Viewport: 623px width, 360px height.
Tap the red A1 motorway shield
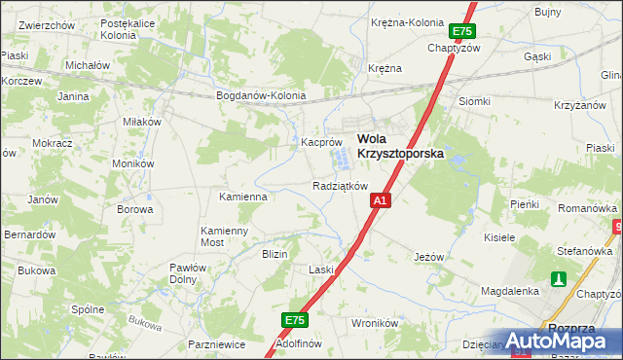(380, 200)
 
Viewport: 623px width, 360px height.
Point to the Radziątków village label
(340, 185)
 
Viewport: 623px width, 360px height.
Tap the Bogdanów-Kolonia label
(261, 95)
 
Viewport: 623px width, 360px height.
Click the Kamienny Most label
(225, 235)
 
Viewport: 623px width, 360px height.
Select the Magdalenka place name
(510, 291)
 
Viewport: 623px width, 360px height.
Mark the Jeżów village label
(428, 257)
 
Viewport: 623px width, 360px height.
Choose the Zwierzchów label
(47, 24)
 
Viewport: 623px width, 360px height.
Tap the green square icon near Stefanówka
(558, 279)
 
